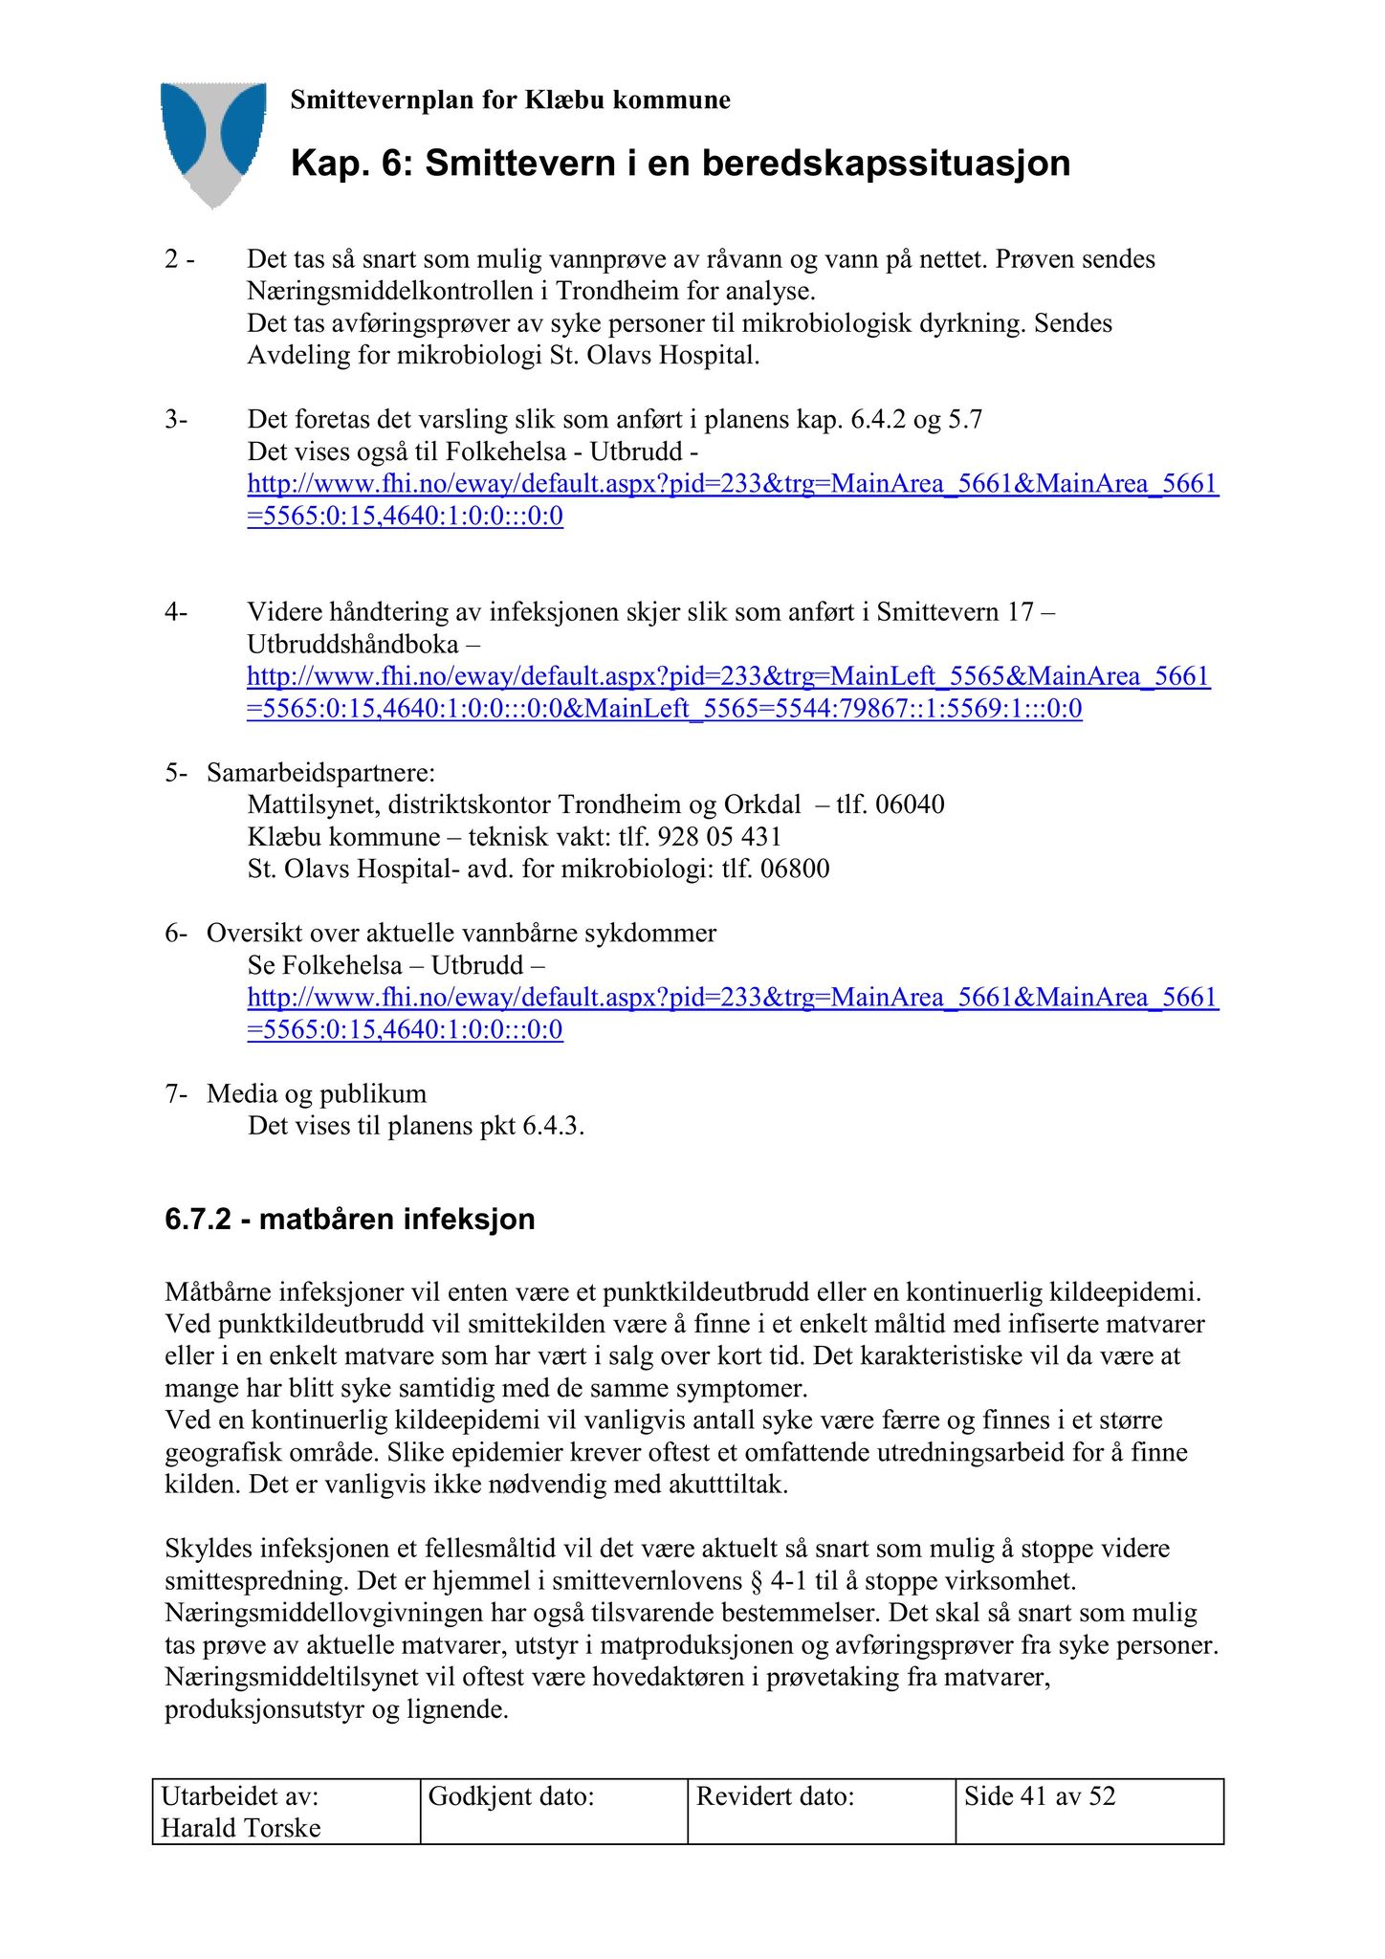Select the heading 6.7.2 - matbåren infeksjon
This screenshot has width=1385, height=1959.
[x=349, y=1220]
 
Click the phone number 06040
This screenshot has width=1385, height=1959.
[x=910, y=804]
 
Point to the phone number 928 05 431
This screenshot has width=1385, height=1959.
[x=719, y=837]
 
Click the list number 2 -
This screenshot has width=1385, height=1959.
[x=179, y=259]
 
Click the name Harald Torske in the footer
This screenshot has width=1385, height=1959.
[x=241, y=1828]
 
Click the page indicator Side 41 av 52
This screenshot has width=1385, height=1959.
[x=1040, y=1796]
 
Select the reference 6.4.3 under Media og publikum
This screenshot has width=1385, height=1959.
[x=551, y=1126]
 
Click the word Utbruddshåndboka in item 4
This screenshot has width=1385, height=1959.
[x=353, y=645]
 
